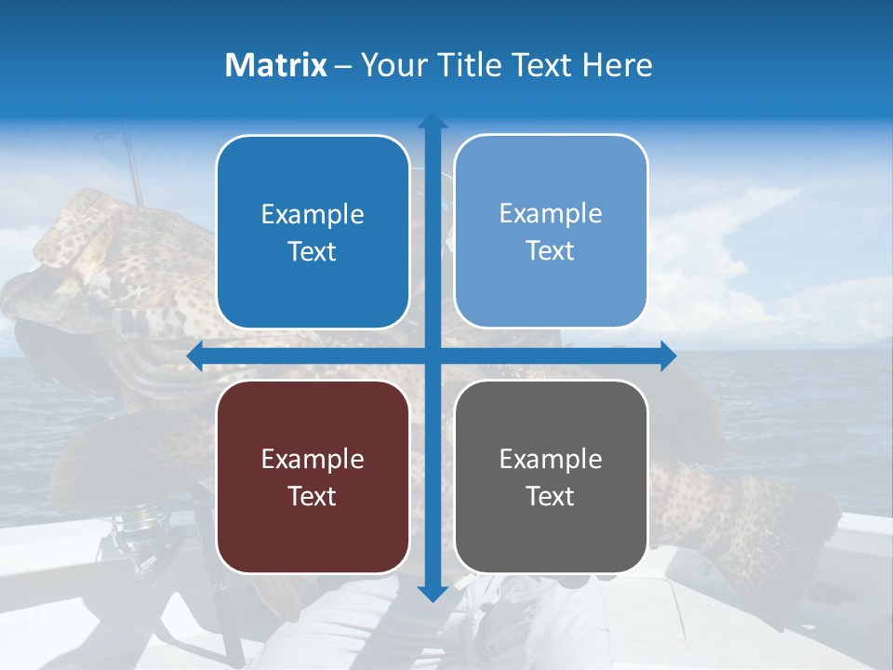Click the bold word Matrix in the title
(275, 65)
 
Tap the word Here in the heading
(617, 65)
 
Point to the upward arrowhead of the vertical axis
(432, 121)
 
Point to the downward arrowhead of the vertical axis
(432, 593)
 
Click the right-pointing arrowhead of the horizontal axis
(667, 355)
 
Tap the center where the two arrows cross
(432, 355)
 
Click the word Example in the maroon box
(313, 459)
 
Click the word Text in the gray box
(551, 496)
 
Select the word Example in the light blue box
(551, 214)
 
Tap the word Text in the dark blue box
(313, 251)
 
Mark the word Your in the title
(390, 65)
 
